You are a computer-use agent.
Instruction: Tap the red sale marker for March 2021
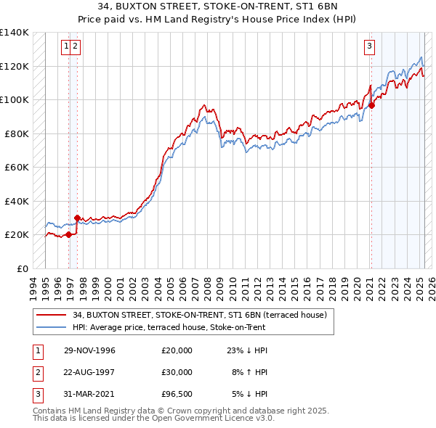[x=371, y=105]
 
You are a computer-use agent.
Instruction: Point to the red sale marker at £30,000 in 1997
[x=77, y=218]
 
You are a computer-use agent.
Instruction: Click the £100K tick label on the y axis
[x=15, y=99]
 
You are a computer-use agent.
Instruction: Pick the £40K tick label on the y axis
[x=17, y=201]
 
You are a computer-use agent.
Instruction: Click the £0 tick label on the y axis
[x=22, y=268]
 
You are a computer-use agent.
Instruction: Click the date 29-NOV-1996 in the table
[x=89, y=350]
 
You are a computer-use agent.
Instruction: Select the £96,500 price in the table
[x=177, y=394]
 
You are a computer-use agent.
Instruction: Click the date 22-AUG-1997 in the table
[x=90, y=372]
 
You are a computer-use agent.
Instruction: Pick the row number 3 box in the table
[x=36, y=394]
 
